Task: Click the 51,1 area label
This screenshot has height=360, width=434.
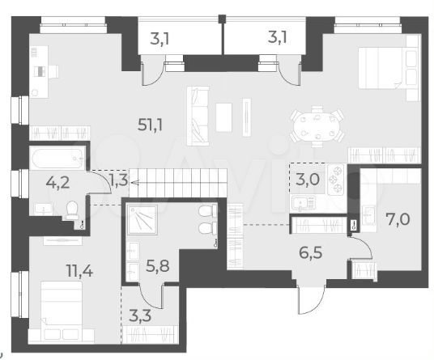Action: point(150,125)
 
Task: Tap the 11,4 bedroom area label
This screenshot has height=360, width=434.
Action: point(80,271)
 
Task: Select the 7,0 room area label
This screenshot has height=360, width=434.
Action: point(398,220)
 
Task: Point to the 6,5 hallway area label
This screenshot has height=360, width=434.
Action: point(311,253)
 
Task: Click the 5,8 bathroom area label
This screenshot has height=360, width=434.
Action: point(158,266)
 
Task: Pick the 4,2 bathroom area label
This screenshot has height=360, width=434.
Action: point(57,183)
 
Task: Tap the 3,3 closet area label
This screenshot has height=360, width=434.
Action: point(140,316)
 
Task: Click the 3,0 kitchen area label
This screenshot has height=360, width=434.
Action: point(308,179)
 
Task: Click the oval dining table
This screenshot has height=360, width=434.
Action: point(317,126)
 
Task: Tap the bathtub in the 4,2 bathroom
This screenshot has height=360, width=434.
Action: point(58,159)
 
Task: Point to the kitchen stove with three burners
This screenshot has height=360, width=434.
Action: point(336,180)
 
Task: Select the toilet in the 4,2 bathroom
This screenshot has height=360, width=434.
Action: point(72,210)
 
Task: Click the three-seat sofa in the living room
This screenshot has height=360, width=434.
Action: point(198,116)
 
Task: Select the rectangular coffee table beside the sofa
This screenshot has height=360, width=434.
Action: point(223,117)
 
